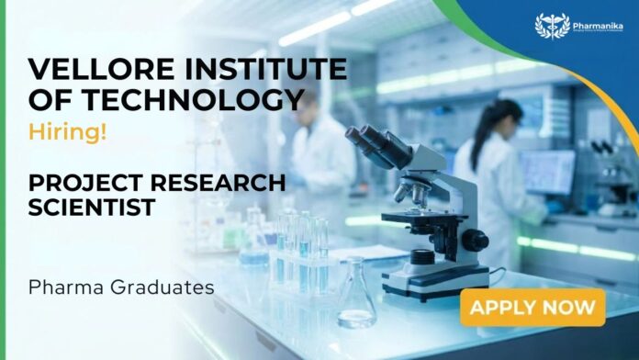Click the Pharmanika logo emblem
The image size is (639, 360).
coord(553,26)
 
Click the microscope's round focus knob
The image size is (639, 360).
coord(475,241)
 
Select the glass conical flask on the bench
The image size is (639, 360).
coord(356,299)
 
